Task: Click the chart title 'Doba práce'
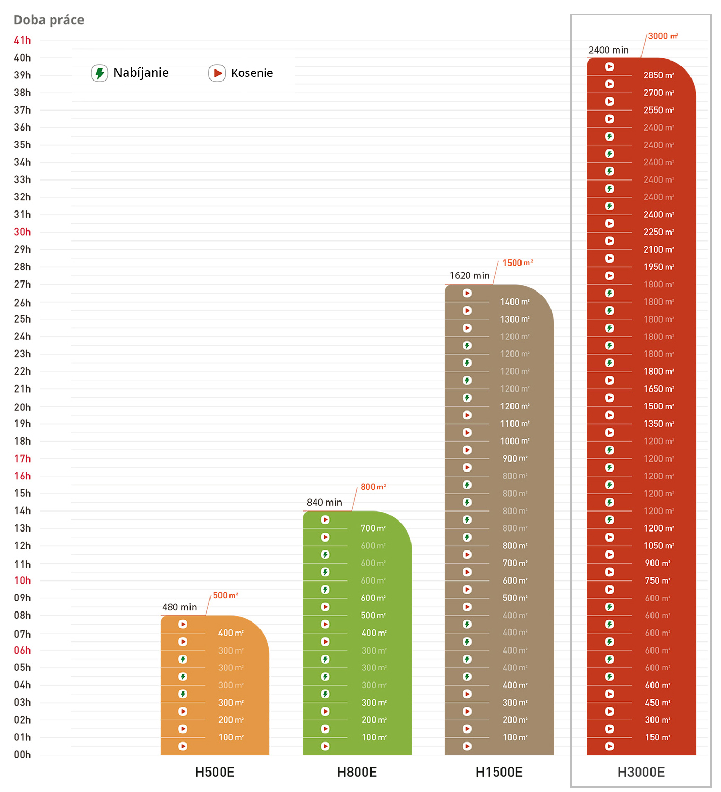49,20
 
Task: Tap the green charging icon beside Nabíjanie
99,73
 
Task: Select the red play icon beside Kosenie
217,73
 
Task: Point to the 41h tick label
22,41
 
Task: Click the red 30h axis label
22,232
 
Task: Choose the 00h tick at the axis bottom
22,755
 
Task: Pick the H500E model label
215,772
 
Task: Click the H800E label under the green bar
357,772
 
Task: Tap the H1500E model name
499,772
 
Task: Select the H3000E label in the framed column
641,772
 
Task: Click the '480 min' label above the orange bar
179,607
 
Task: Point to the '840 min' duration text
324,503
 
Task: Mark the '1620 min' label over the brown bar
469,276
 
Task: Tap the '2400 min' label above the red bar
608,51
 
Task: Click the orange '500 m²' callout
225,595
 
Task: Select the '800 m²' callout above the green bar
373,487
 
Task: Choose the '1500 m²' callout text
517,263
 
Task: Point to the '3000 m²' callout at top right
663,36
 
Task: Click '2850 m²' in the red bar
658,75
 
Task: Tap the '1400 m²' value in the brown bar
515,302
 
